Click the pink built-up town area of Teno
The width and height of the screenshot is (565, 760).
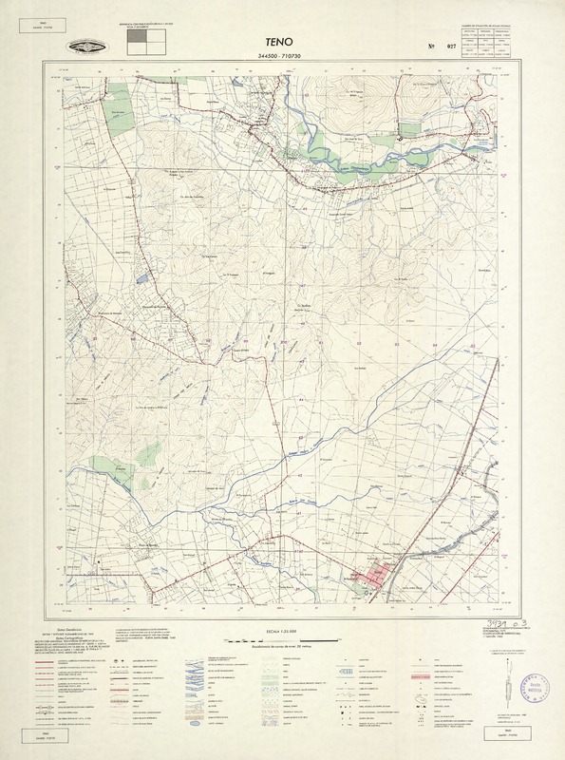point(375,577)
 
